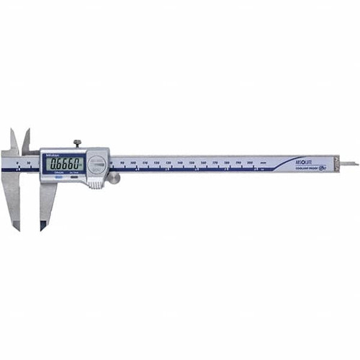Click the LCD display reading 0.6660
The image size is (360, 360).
[64, 164]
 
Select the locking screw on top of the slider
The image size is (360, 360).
[78, 143]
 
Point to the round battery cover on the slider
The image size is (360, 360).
[99, 165]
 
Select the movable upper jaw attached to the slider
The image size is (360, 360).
[27, 142]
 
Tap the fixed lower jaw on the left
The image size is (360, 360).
[13, 198]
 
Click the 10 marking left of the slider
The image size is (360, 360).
[28, 164]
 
